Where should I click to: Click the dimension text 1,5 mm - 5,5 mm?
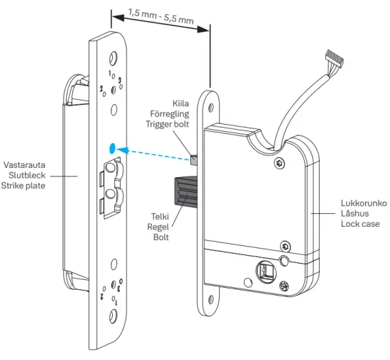coord(161,16)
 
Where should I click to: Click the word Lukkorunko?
coord(361,202)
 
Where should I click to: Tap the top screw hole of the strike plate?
coord(113,57)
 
